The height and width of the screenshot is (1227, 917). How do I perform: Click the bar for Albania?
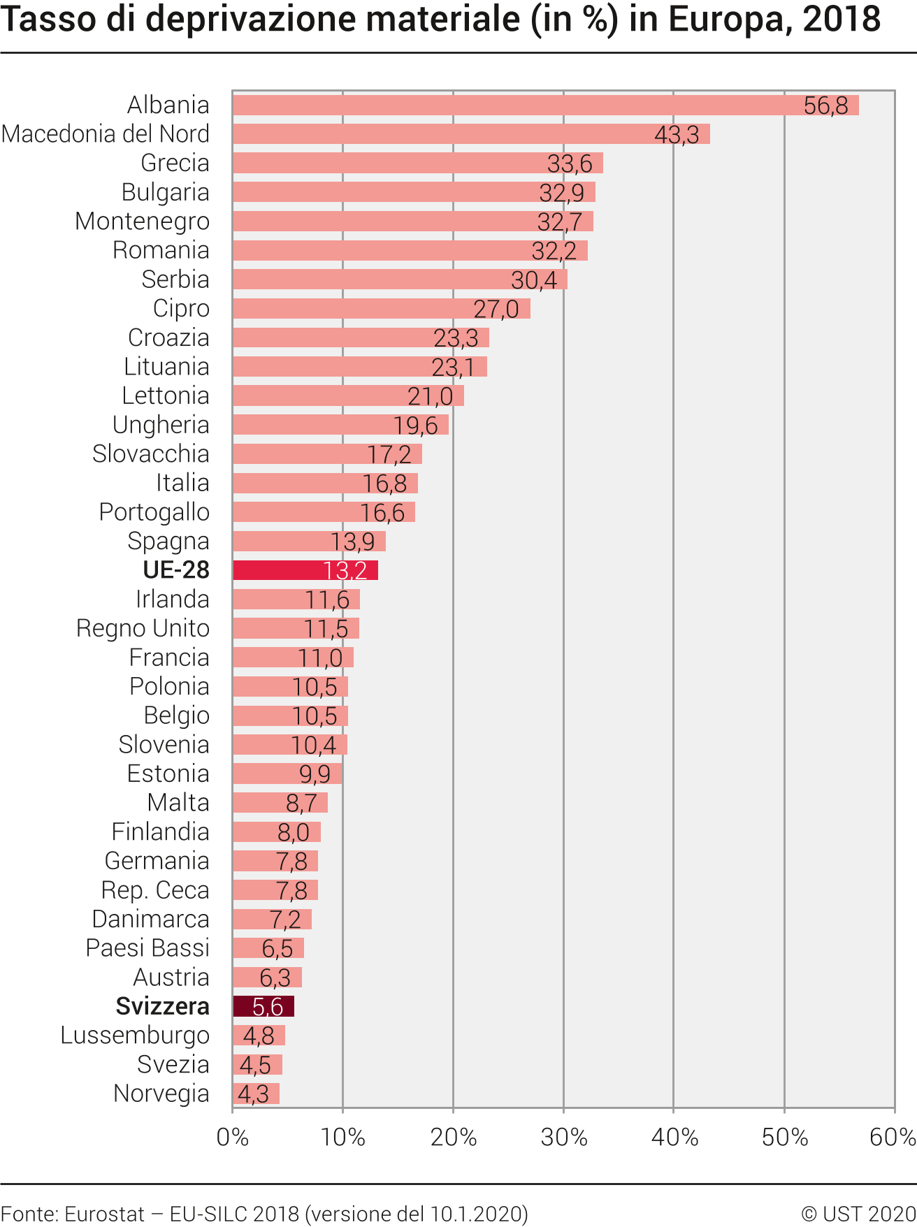tap(545, 105)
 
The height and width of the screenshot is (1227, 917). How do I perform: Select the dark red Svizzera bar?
tap(263, 1006)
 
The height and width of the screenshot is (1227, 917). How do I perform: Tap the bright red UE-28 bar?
tap(305, 570)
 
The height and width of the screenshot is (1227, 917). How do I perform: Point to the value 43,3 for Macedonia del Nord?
tap(677, 134)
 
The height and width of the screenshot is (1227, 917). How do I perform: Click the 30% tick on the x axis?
tap(563, 1138)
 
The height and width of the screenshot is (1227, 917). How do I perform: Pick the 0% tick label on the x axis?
tap(233, 1138)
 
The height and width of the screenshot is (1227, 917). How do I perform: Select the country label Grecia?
tap(175, 163)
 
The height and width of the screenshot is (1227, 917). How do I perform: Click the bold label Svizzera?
tap(162, 1006)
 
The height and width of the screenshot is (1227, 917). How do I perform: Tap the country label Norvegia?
tap(161, 1094)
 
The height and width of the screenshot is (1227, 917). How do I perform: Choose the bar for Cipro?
tap(381, 308)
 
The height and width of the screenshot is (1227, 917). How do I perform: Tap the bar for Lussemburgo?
tap(259, 1036)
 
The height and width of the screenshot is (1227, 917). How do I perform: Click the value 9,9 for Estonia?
tap(315, 774)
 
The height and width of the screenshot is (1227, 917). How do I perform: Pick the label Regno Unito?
tap(143, 628)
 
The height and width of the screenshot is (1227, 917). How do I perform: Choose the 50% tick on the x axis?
tap(784, 1138)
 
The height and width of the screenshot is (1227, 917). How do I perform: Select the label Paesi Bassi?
tap(147, 948)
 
